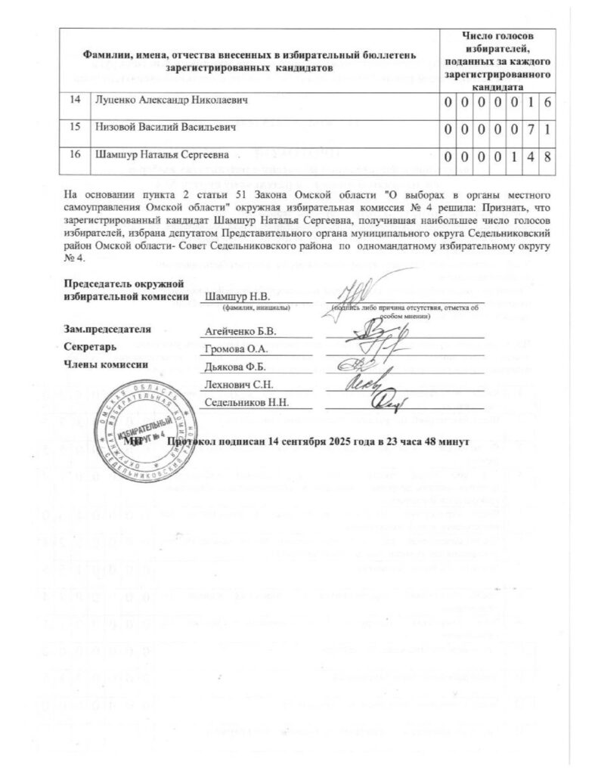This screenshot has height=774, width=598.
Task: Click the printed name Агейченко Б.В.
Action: (x=241, y=332)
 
